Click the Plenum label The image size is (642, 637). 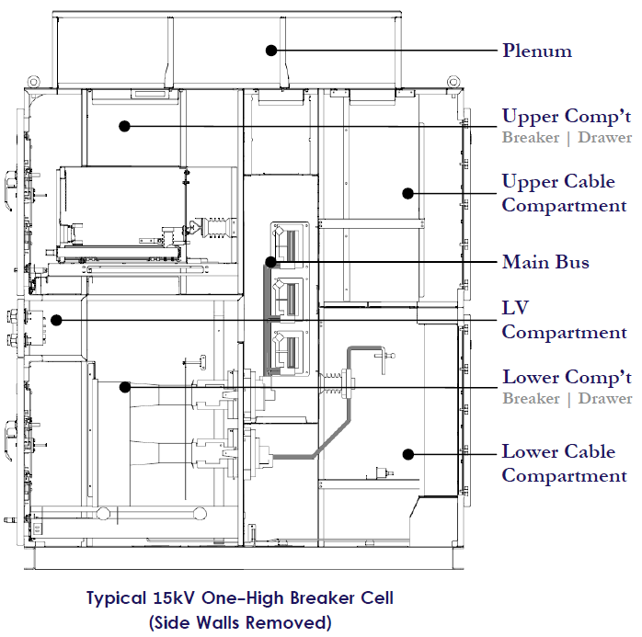click(x=536, y=50)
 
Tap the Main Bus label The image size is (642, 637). click(x=545, y=262)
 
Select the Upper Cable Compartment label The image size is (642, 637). click(x=564, y=193)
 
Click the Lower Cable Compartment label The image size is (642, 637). click(x=564, y=463)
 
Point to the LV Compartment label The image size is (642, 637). click(x=564, y=319)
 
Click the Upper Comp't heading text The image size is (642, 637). click(x=566, y=117)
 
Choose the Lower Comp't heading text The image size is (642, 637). click(x=566, y=378)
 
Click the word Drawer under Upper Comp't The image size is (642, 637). click(x=604, y=138)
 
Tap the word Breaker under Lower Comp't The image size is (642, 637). click(x=531, y=399)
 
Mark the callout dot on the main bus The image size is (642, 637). click(x=270, y=262)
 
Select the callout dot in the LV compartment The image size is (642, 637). click(x=56, y=320)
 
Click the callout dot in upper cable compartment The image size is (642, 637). click(x=405, y=193)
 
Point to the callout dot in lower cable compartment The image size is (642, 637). click(x=406, y=453)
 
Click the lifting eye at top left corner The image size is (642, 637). click(x=34, y=81)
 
